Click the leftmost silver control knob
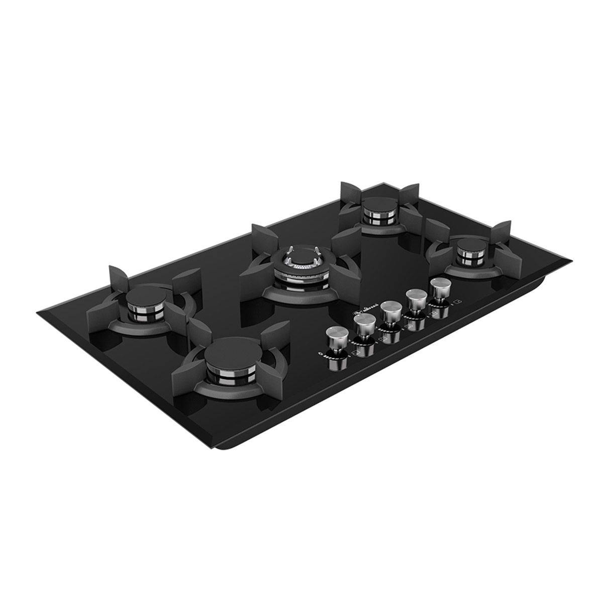point(335,334)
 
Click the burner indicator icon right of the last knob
point(457,302)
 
